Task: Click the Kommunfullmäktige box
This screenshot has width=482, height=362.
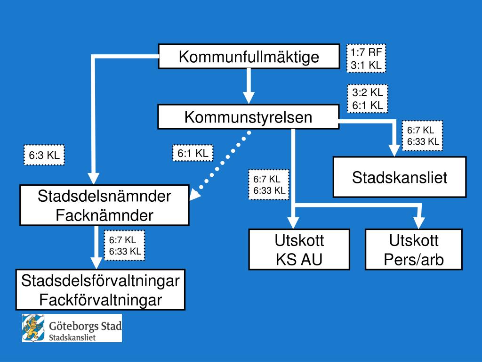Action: pos(249,57)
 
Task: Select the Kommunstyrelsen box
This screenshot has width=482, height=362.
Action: pos(248,117)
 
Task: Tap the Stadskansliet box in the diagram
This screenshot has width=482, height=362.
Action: pos(400,177)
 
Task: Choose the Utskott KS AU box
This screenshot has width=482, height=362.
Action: pos(299,249)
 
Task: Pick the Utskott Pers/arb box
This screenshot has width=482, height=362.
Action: pos(414,249)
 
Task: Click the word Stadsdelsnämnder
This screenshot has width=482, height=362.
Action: pos(104,197)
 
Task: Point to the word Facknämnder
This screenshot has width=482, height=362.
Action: pos(104,215)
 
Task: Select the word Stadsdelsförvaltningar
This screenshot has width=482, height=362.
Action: pos(100,281)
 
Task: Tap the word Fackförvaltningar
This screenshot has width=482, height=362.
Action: pos(100,299)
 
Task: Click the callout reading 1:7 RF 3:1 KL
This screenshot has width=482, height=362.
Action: pos(366,58)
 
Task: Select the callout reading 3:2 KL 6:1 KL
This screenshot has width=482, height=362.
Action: pos(368,99)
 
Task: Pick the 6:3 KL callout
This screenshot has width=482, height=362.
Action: pos(44,156)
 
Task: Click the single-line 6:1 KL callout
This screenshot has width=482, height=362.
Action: pos(193,153)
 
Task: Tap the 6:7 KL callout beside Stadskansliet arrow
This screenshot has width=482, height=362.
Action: pos(423,136)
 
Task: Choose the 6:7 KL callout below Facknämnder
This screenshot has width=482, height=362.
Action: pos(125,246)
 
